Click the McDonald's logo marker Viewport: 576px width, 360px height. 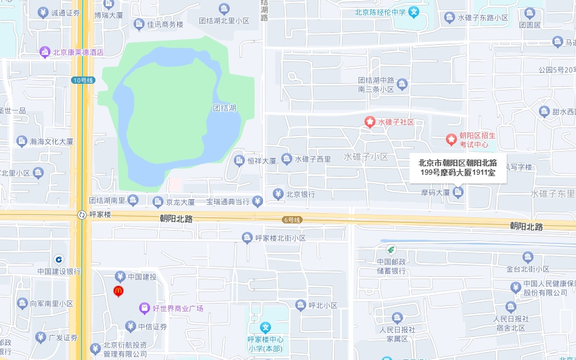click(x=118, y=291)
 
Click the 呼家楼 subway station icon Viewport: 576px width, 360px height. click(x=81, y=214)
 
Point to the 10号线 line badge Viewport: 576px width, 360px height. click(x=83, y=80)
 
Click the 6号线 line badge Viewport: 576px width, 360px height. click(x=292, y=219)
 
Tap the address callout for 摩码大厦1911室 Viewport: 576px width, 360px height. click(x=458, y=168)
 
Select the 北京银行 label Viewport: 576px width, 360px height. click(x=300, y=194)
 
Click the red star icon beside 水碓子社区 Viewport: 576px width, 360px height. click(x=369, y=122)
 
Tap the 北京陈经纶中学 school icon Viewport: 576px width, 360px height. click(x=413, y=12)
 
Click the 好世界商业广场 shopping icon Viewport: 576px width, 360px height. click(x=145, y=308)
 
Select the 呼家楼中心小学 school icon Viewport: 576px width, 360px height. click(x=266, y=327)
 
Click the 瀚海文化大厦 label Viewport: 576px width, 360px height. click(x=52, y=141)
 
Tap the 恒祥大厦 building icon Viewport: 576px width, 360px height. click(x=239, y=160)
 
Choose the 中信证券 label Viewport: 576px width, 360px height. click(x=152, y=327)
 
